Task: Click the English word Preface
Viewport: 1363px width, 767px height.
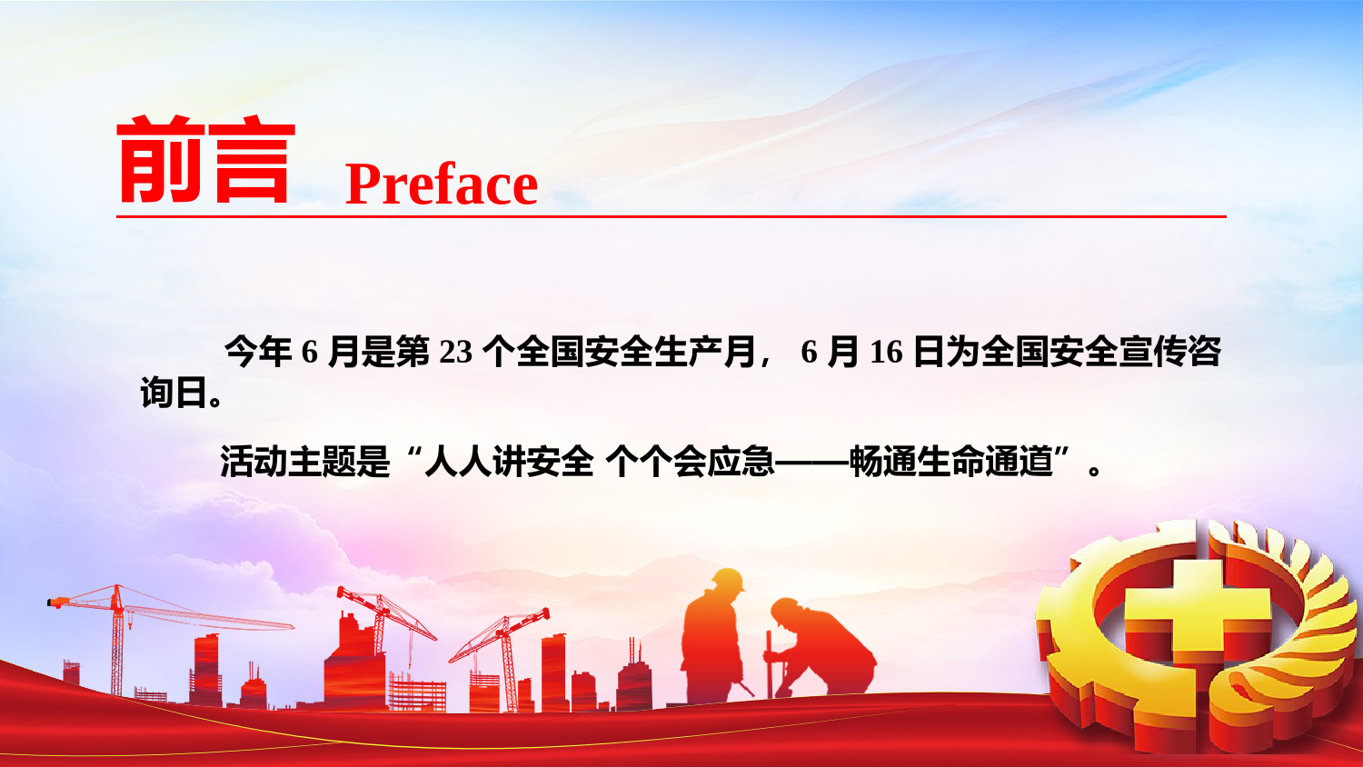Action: (441, 185)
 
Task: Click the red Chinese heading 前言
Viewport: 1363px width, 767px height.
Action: (205, 159)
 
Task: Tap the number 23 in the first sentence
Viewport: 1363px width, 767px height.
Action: (456, 352)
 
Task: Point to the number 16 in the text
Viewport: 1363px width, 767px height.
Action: (887, 352)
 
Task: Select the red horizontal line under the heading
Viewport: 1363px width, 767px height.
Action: (672, 216)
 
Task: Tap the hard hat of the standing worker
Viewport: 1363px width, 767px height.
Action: (728, 580)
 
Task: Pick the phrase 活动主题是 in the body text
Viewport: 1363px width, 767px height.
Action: (304, 462)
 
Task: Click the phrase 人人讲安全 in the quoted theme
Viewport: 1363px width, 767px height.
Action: (509, 462)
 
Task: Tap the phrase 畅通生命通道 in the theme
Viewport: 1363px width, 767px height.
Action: (951, 462)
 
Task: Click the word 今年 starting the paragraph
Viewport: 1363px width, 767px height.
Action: (259, 352)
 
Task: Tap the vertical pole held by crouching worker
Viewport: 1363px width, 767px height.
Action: (769, 663)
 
